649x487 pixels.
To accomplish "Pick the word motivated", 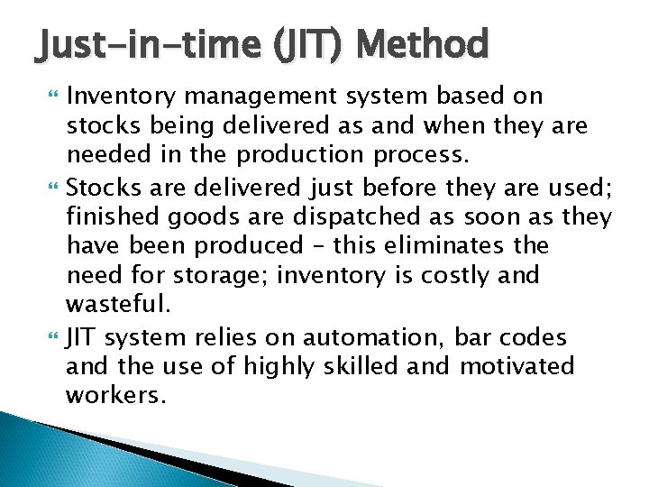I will tap(517, 366).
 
